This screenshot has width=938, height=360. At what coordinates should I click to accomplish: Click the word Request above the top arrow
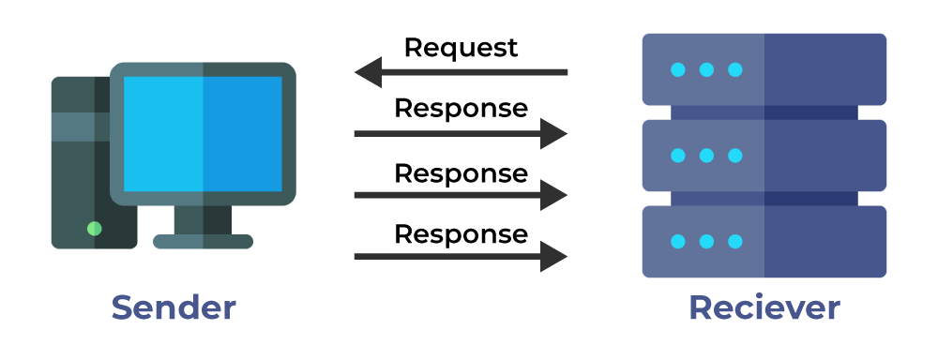(461, 47)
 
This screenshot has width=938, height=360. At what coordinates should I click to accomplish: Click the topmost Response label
(461, 109)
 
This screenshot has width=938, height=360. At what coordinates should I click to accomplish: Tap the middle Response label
(461, 173)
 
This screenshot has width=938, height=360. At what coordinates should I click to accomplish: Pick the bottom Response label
(461, 233)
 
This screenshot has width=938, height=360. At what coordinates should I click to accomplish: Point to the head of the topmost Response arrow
(554, 134)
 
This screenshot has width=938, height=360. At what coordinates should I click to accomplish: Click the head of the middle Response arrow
(554, 195)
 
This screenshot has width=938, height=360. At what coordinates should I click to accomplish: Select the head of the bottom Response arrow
(554, 256)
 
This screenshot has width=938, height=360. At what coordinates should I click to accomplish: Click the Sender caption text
(174, 307)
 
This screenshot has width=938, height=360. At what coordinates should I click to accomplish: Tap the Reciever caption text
(764, 307)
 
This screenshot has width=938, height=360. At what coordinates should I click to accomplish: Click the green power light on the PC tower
(94, 228)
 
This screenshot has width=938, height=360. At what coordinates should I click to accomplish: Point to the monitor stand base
(203, 241)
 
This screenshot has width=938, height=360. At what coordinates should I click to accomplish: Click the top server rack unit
(764, 69)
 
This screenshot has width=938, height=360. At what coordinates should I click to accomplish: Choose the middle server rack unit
(764, 155)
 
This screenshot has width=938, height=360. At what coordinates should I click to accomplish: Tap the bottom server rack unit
(764, 241)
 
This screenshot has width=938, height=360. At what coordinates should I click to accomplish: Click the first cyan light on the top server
(677, 69)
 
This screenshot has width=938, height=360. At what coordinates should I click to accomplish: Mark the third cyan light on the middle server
(735, 155)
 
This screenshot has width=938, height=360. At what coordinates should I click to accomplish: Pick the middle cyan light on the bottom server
(706, 241)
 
